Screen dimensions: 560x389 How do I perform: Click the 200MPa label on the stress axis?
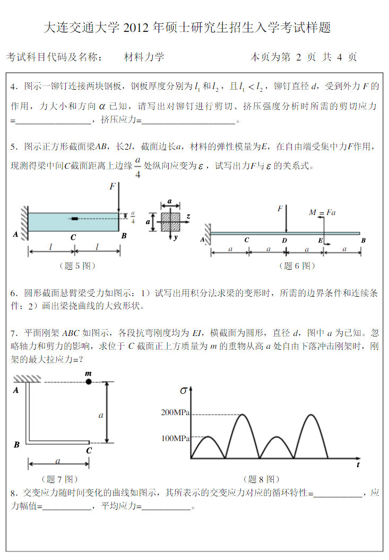(176, 412)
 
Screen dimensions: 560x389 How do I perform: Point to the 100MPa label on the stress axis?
(176, 438)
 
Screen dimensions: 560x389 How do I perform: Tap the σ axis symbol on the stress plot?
(184, 391)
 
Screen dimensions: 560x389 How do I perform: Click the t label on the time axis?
(358, 465)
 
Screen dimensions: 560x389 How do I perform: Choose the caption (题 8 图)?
(261, 479)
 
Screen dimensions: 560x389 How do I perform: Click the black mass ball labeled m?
(89, 381)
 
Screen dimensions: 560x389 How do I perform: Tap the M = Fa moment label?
(323, 212)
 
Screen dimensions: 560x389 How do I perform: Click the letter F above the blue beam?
(112, 186)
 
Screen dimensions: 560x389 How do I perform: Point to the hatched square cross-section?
(170, 221)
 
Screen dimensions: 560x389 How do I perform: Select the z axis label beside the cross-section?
(188, 217)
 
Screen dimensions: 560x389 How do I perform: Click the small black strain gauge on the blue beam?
(74, 218)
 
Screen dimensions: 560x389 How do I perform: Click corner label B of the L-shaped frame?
(16, 445)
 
